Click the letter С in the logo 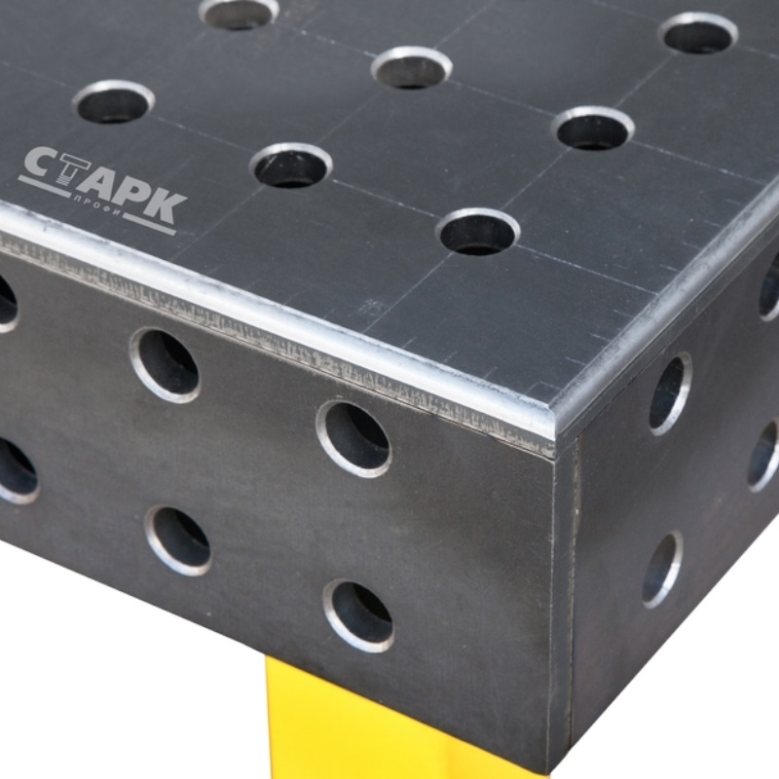click(40, 163)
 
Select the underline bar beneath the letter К click(149, 225)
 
